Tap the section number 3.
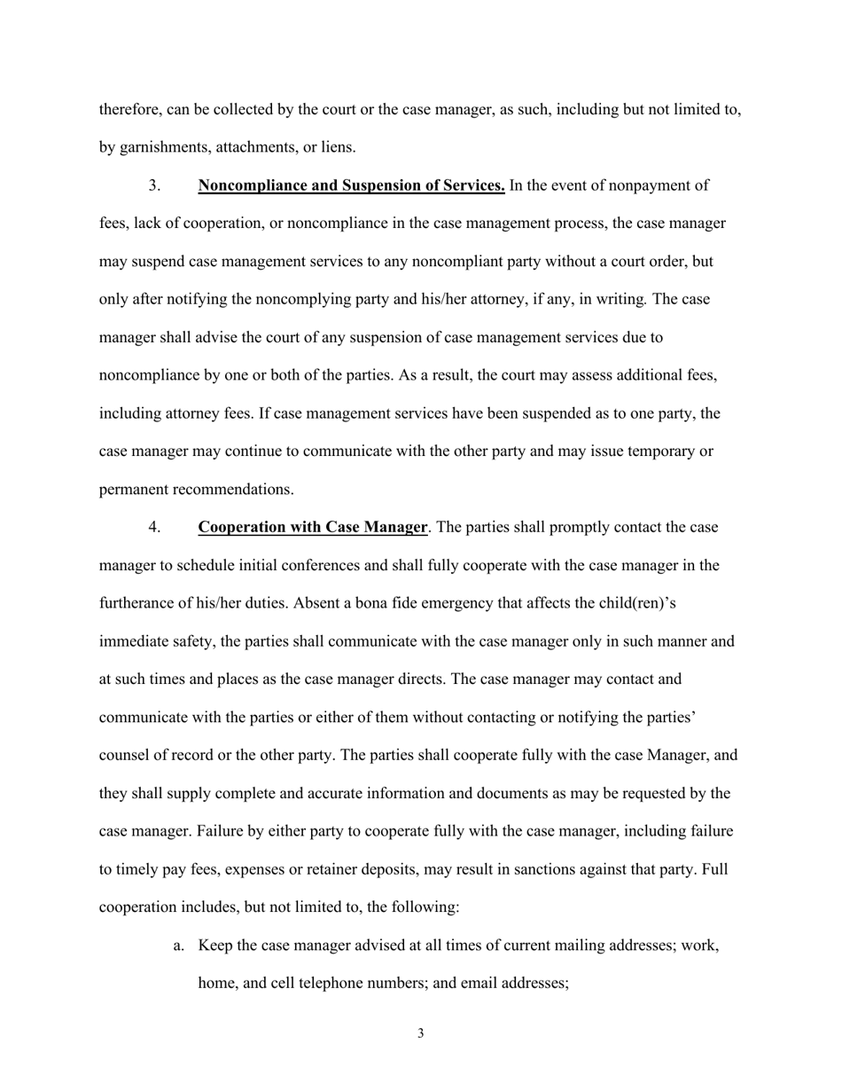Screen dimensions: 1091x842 point(154,185)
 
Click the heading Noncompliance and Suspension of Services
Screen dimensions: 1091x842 point(352,185)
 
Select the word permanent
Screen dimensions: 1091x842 point(133,490)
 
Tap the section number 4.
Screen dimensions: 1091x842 point(154,528)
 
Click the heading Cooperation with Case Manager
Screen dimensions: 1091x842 point(313,528)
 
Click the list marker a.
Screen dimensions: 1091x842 point(179,946)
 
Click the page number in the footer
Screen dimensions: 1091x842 point(420,1033)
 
